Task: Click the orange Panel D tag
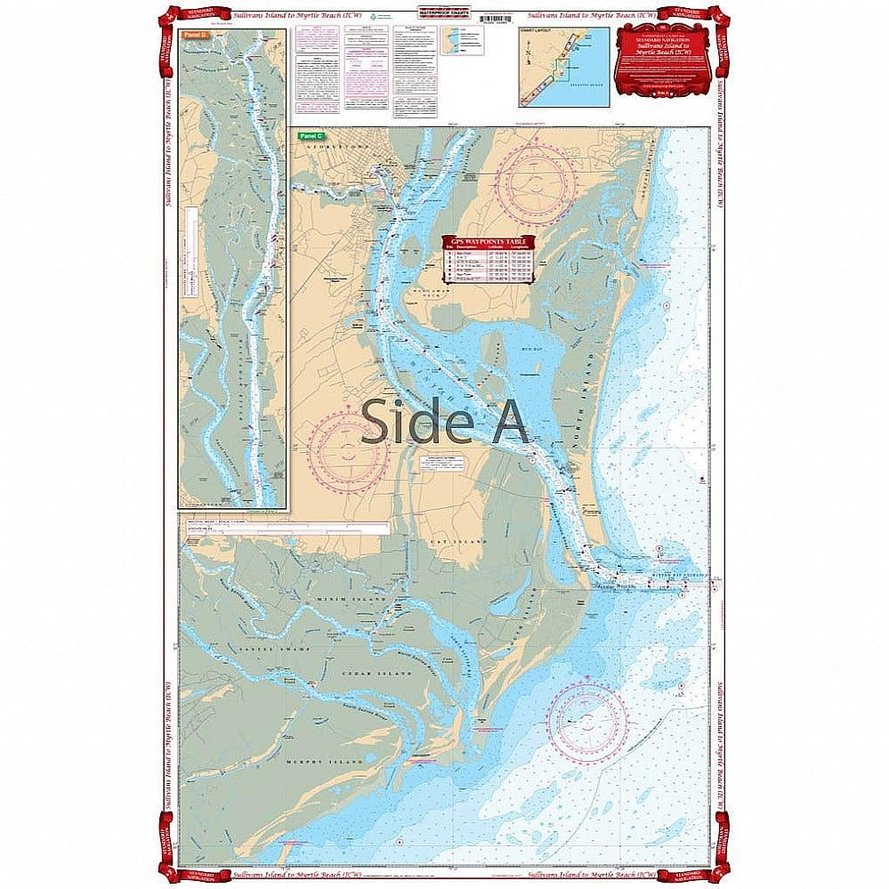tap(194, 35)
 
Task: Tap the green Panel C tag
tap(306, 136)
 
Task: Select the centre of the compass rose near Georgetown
tap(537, 179)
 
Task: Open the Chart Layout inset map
tap(564, 67)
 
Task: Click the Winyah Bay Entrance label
tap(683, 576)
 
